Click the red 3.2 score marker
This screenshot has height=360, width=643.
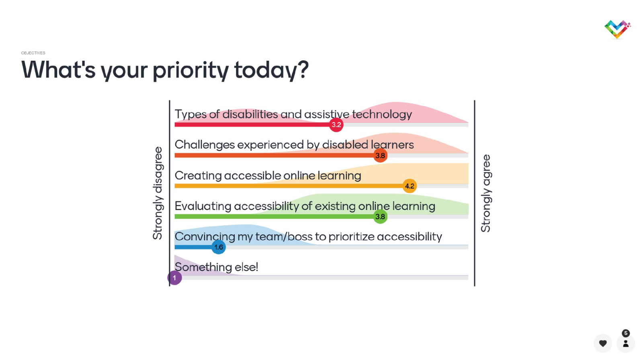[x=336, y=125]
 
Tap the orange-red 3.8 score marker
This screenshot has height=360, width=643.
[x=380, y=155]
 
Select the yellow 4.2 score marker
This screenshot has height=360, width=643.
[x=410, y=186]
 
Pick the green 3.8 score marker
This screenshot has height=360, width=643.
[x=380, y=217]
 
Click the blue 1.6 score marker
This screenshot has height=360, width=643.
[x=219, y=247]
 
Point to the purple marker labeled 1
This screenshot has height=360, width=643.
[x=174, y=278]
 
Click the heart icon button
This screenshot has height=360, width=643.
[x=603, y=343]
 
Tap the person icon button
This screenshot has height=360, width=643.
[x=626, y=343]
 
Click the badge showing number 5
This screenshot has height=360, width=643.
[x=626, y=333]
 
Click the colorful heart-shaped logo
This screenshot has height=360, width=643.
[x=617, y=29]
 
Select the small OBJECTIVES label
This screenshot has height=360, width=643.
[x=33, y=53]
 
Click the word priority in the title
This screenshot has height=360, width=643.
[x=190, y=70]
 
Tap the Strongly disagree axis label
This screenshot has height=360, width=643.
[x=158, y=193]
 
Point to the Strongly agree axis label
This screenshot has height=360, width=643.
[x=486, y=193]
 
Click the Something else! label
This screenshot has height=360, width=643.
[x=217, y=267]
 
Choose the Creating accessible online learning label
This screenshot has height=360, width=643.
[x=268, y=176]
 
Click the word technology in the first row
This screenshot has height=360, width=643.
[x=382, y=114]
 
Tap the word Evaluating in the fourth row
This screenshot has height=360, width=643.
[x=203, y=206]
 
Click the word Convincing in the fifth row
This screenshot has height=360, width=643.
[x=205, y=237]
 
